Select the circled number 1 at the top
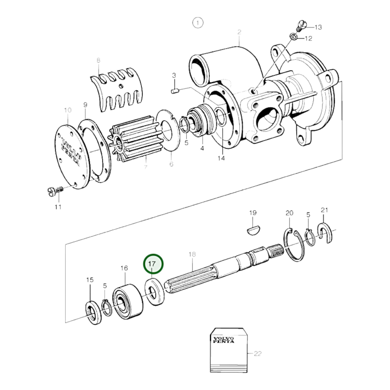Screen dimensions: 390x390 click(198, 23)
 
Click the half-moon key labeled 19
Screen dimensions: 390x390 click(253, 230)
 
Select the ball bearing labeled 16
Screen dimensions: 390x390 click(127, 301)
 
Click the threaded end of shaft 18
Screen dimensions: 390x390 click(275, 249)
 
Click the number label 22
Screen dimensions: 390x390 click(257, 354)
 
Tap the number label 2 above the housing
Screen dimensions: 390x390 click(239, 32)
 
